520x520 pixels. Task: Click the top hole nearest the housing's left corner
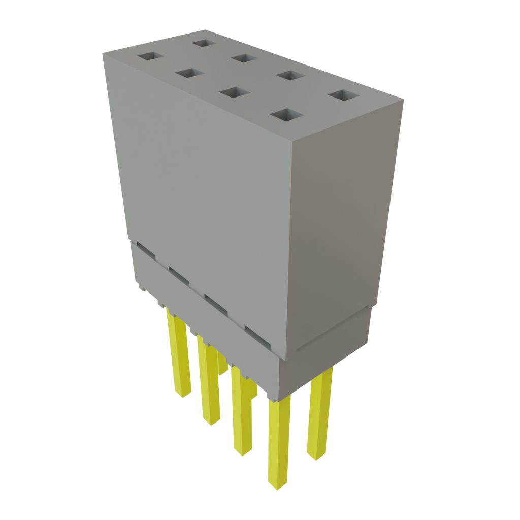coord(150,56)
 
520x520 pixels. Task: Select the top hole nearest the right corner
coord(343,95)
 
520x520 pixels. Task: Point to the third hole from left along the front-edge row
coord(236,93)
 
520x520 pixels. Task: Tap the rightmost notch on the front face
coord(261,335)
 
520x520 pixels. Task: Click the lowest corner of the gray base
coord(277,399)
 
